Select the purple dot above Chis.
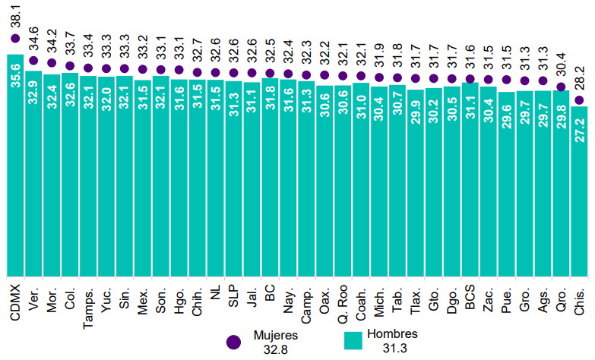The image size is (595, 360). click(579, 99)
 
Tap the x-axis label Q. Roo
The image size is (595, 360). click(343, 303)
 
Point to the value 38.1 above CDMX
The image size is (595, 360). click(15, 17)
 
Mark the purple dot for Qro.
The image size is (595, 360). click(561, 87)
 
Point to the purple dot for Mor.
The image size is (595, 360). click(52, 63)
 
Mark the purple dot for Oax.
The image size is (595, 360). click(324, 74)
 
